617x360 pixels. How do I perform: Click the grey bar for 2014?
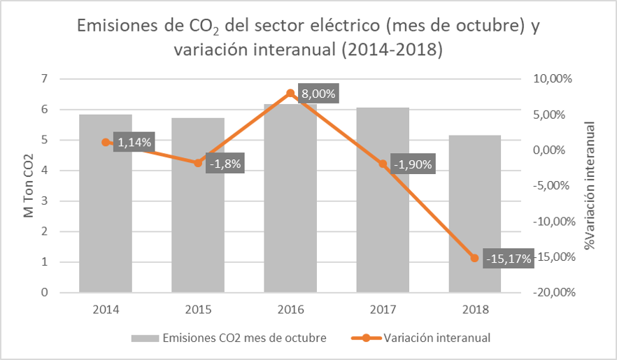(106, 210)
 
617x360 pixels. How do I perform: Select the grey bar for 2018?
(474, 217)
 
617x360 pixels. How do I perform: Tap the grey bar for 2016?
(290, 203)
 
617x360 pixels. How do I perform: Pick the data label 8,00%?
(318, 94)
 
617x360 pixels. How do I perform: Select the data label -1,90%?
(413, 165)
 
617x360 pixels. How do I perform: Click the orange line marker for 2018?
(474, 258)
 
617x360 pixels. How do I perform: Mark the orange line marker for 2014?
(106, 142)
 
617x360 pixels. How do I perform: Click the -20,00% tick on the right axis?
(553, 293)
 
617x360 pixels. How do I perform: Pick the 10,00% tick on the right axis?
(553, 78)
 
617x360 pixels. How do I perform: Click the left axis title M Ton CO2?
(29, 186)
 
